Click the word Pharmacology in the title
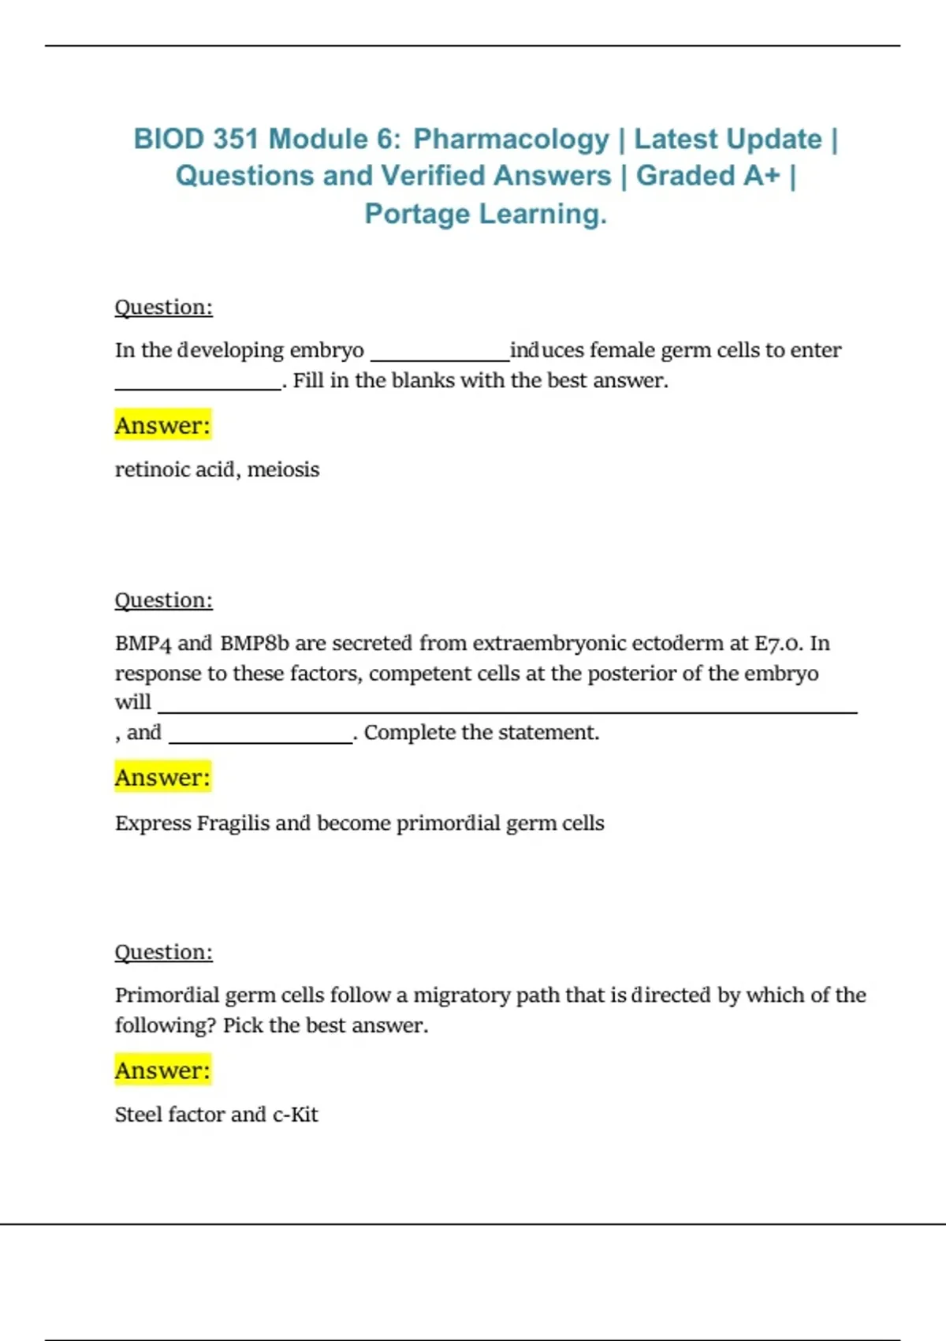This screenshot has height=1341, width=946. click(511, 139)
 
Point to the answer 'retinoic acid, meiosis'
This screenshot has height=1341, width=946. click(217, 469)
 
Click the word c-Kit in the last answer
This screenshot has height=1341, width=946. click(296, 1114)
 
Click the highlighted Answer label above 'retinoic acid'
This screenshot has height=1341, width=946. click(162, 425)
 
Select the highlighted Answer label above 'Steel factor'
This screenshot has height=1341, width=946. click(162, 1070)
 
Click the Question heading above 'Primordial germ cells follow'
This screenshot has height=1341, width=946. click(163, 952)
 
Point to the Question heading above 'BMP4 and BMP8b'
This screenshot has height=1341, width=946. click(163, 600)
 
